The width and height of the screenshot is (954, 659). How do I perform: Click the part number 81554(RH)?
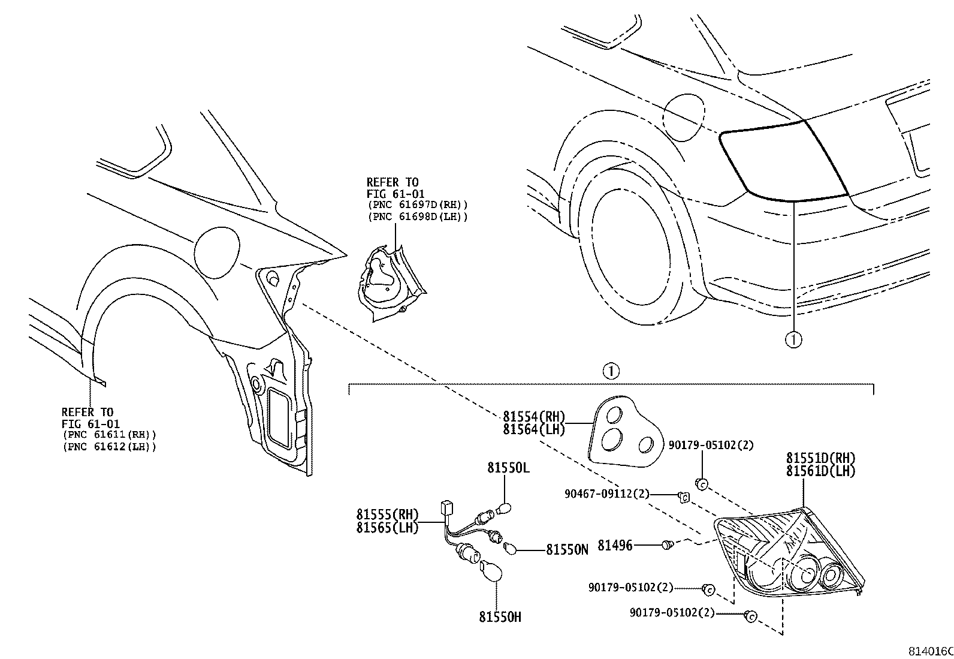[x=533, y=416]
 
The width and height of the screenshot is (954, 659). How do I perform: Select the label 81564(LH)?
[x=533, y=429]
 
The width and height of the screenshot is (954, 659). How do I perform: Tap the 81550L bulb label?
[x=508, y=468]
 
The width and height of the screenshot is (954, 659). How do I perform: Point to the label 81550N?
[x=567, y=549]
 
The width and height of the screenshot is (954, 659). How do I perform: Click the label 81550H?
[x=500, y=616]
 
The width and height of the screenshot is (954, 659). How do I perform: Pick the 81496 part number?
[x=615, y=546]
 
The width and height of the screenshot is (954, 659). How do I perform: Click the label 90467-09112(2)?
[x=606, y=494]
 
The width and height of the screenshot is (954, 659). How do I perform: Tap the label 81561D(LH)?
[x=821, y=471]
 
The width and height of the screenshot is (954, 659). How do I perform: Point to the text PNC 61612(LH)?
[x=108, y=447]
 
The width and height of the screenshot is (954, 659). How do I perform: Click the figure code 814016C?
[x=931, y=651]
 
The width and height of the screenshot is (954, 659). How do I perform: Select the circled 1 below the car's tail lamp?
[x=793, y=340]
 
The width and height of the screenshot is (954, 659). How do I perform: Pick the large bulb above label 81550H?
[x=491, y=571]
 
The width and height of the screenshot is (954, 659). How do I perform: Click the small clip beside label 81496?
[x=667, y=545]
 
